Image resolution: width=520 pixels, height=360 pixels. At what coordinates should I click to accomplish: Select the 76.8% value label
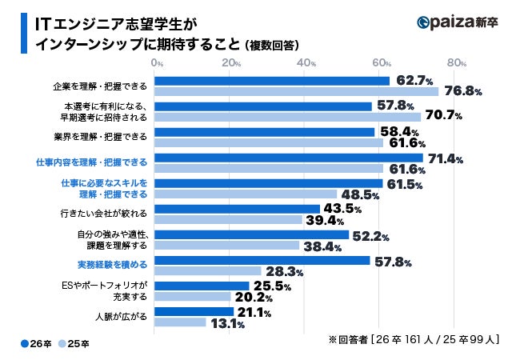[x=462, y=92]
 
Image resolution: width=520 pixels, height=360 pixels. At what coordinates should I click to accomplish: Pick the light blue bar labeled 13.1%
[x=178, y=322]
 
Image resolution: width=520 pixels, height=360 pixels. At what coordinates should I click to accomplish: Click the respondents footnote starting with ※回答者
[x=414, y=339]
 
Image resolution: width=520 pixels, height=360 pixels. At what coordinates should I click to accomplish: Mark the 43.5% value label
[x=342, y=208]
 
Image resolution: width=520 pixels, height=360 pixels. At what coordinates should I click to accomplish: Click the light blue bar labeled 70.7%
[x=286, y=117]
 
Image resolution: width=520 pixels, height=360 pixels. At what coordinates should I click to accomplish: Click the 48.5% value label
[x=359, y=194]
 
